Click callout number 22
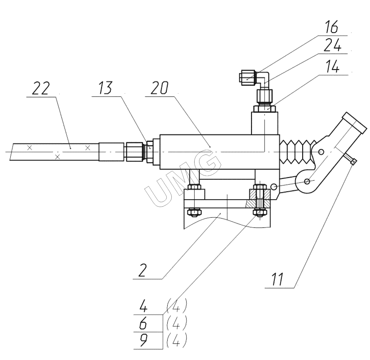(x=41, y=89)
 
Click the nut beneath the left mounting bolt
(x=195, y=212)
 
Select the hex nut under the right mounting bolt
(x=259, y=213)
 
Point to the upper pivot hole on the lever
(x=321, y=152)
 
